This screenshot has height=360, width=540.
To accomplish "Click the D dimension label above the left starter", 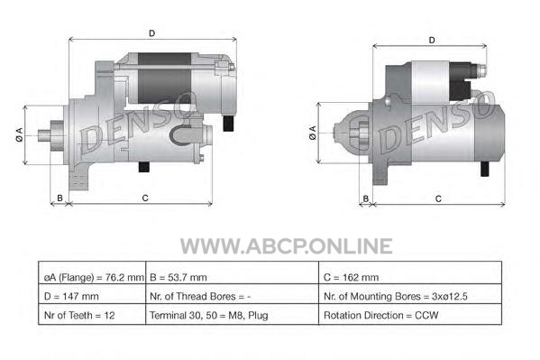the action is tap(151, 33).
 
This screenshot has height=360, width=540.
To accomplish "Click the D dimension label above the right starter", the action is tap(432, 41).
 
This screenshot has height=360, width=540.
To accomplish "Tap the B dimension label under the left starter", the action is tap(59, 198).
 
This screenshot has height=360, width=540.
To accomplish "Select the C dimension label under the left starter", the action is tap(145, 198).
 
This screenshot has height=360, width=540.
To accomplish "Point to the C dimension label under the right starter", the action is tap(438, 198).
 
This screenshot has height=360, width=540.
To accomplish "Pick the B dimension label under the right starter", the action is tap(366, 198).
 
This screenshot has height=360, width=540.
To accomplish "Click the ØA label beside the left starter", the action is tap(19, 134).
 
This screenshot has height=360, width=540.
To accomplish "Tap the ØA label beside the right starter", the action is tap(312, 133).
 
